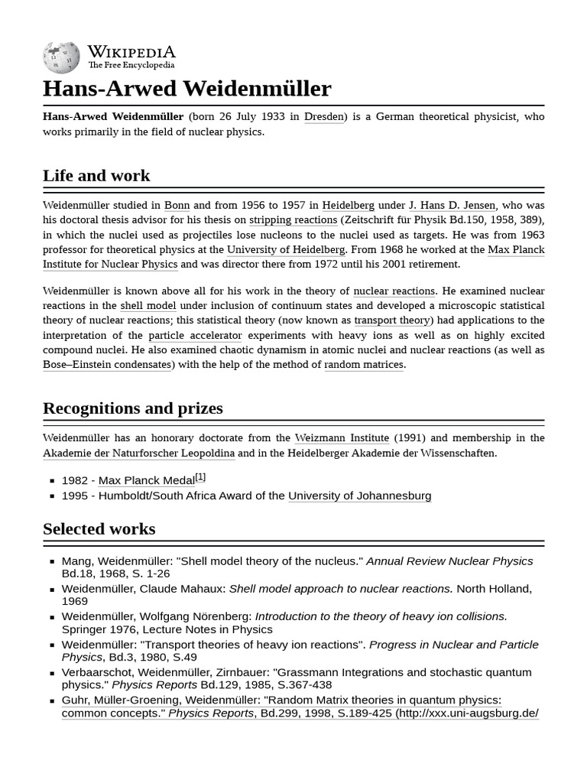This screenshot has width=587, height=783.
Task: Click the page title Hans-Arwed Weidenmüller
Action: [187, 89]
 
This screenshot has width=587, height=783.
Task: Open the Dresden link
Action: [324, 117]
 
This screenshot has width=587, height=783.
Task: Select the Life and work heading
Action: [96, 175]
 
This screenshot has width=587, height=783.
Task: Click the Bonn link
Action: [177, 205]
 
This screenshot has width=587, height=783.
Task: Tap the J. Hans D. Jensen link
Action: [452, 205]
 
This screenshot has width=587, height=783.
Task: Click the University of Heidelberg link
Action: [286, 249]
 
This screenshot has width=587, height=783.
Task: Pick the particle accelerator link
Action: [195, 336]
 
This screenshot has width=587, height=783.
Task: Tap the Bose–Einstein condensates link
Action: [107, 365]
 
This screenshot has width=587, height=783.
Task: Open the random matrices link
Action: [363, 365]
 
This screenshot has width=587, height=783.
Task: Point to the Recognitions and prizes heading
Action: [133, 408]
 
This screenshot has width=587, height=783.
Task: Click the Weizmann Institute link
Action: [342, 438]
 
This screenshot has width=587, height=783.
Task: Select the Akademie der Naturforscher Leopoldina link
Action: [138, 453]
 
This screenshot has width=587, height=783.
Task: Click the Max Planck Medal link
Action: [146, 481]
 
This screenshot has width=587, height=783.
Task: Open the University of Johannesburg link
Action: [359, 496]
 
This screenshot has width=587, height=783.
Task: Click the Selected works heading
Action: [99, 528]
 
